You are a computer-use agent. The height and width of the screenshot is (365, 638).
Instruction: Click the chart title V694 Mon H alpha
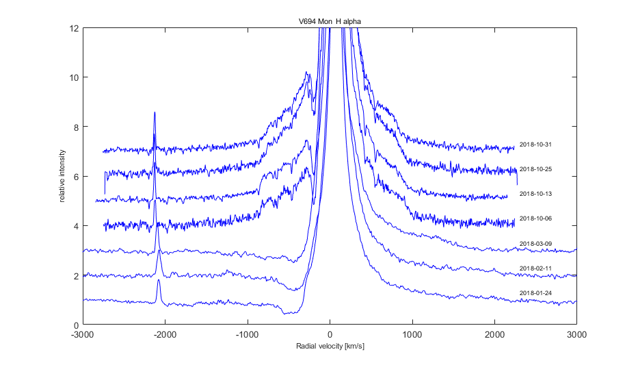325,22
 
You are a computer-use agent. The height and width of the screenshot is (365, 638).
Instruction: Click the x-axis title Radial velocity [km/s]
330,346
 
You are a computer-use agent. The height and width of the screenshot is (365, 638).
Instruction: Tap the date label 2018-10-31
535,144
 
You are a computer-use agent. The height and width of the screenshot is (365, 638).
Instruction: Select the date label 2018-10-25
535,169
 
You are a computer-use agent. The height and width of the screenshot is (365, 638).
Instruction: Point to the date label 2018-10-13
535,194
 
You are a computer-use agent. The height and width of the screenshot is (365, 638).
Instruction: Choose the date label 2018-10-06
535,218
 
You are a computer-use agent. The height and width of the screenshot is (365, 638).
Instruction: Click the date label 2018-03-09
535,243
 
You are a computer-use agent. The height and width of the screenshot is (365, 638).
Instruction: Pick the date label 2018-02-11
535,268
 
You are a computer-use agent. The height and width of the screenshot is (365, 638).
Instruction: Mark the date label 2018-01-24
535,292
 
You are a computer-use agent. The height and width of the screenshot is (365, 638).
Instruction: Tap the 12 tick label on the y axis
74,28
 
